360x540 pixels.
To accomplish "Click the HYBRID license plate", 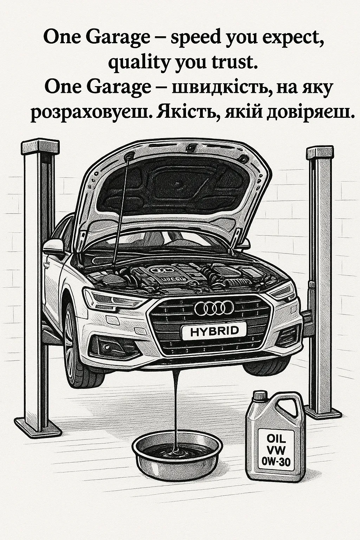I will click(x=214, y=331).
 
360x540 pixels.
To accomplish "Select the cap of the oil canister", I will click(x=259, y=396).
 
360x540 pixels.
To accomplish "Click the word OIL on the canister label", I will click(x=276, y=438).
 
